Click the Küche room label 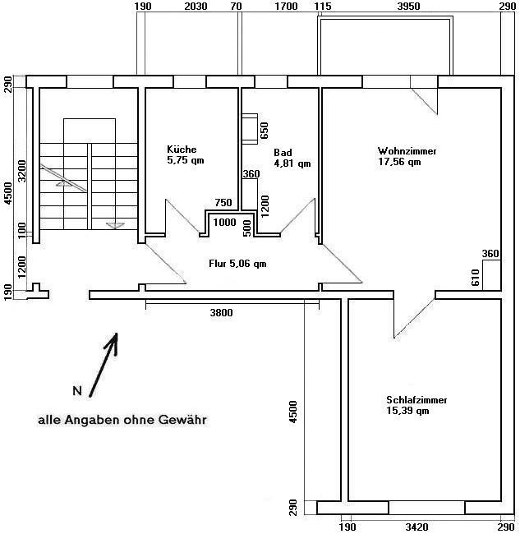[x=182, y=150]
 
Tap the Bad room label [x=283, y=153]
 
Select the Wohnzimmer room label [x=407, y=151]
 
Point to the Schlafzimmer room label [x=416, y=400]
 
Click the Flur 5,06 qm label [x=237, y=264]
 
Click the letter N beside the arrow [x=77, y=390]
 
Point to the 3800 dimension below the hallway [x=221, y=313]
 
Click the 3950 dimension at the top [x=408, y=6]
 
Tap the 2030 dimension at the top [x=196, y=6]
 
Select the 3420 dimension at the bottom [x=416, y=527]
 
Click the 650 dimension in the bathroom [x=265, y=131]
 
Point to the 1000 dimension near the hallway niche [x=224, y=223]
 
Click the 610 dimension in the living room [x=476, y=278]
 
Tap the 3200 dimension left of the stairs [x=21, y=171]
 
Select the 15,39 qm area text [x=407, y=411]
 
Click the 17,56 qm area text [x=399, y=162]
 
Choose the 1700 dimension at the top [x=286, y=6]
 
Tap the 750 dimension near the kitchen [x=223, y=203]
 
